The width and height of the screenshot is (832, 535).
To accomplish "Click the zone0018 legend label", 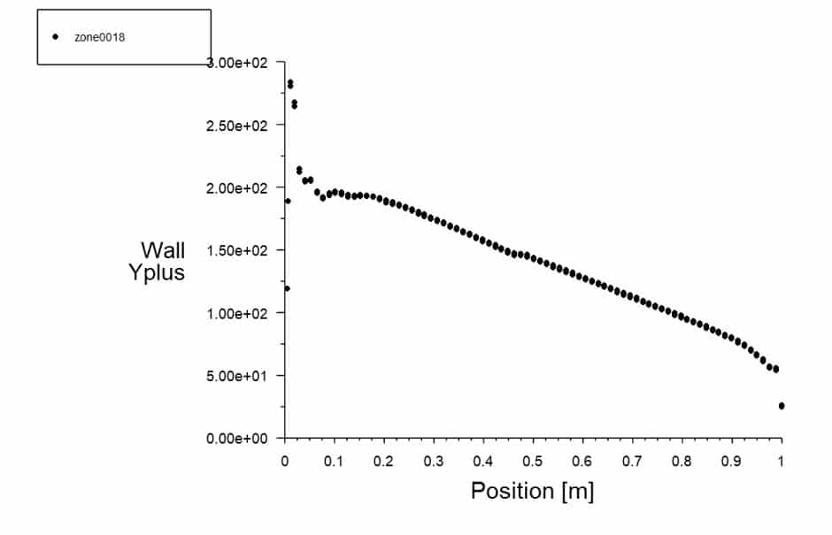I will (106, 37).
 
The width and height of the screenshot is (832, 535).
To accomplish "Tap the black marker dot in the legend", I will (55, 37).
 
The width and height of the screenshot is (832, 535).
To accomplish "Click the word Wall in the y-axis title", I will (163, 250).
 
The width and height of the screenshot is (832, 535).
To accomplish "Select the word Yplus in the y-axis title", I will (157, 272).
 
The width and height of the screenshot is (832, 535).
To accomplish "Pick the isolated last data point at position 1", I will (782, 406).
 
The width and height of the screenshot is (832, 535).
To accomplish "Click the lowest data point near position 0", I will (287, 288).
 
